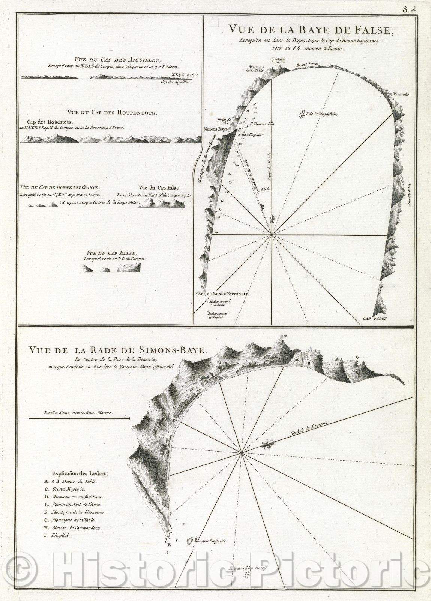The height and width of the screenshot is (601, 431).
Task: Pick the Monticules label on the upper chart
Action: point(401,94)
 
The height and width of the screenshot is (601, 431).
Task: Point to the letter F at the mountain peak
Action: point(285,337)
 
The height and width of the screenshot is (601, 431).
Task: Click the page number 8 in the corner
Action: point(406,10)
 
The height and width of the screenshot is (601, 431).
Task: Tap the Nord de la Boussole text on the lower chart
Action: point(309,429)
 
